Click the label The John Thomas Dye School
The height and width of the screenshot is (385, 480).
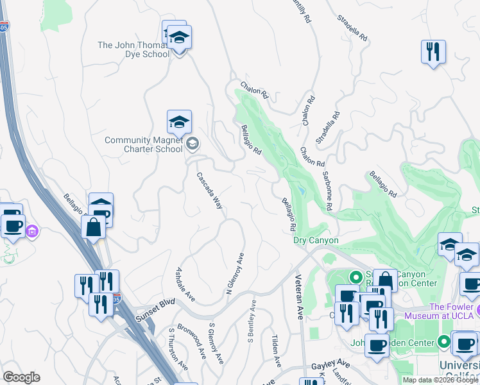click(x=133, y=49)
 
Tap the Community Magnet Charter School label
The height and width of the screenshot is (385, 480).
click(x=144, y=144)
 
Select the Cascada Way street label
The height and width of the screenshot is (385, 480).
click(x=210, y=191)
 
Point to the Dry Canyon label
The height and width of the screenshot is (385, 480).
click(x=315, y=240)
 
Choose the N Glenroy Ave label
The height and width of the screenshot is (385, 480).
click(x=236, y=273)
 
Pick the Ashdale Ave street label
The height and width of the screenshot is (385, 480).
click(x=185, y=284)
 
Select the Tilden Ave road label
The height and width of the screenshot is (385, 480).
click(x=276, y=351)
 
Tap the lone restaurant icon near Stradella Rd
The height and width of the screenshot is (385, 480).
click(x=433, y=52)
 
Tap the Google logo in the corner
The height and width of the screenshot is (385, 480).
click(x=21, y=377)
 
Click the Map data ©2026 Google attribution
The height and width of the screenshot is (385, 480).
click(x=440, y=380)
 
